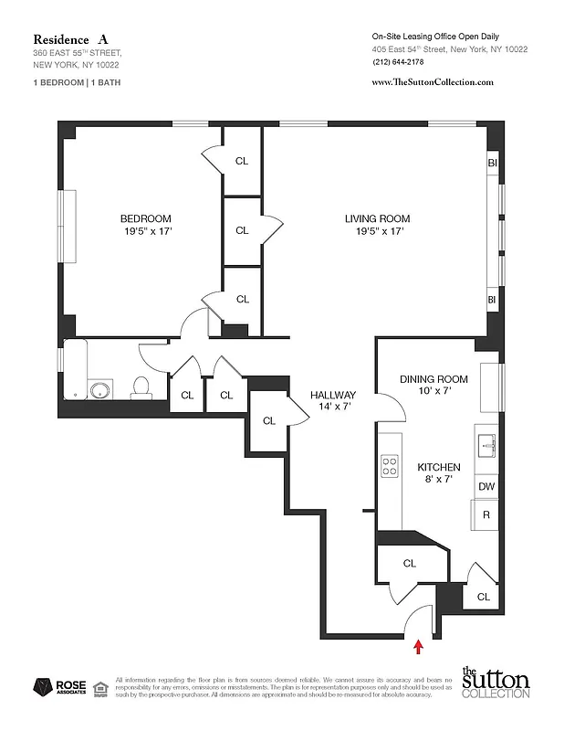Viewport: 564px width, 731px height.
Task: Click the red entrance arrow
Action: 419,647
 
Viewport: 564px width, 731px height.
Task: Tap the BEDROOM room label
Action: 146,218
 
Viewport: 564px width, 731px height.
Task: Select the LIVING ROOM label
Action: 377,218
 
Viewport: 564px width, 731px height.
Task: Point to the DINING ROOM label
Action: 434,379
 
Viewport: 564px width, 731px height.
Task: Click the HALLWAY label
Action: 332,395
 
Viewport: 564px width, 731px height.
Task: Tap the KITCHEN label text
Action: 439,467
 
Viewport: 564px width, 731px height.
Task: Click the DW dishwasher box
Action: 487,486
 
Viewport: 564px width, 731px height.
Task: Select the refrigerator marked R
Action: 487,515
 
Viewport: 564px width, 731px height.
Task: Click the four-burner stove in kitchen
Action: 390,467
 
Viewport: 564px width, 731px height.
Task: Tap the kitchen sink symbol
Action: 485,445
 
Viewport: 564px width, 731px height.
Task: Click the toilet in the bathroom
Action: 141,387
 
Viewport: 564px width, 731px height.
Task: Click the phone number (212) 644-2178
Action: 398,62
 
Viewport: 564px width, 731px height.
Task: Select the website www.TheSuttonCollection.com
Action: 433,81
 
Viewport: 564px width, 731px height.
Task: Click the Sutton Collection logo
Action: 495,683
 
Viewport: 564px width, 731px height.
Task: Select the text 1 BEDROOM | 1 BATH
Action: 76,82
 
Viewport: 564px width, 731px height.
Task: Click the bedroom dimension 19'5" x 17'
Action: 146,232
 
